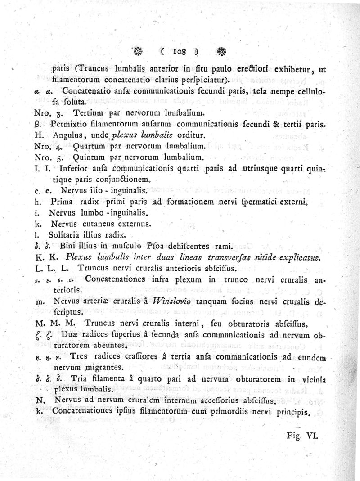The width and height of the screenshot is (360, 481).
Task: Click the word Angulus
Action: point(67,135)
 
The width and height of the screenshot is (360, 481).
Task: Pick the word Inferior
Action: point(73,169)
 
